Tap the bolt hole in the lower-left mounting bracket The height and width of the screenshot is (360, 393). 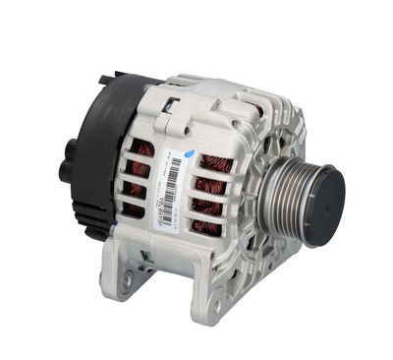(x=124, y=282)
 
